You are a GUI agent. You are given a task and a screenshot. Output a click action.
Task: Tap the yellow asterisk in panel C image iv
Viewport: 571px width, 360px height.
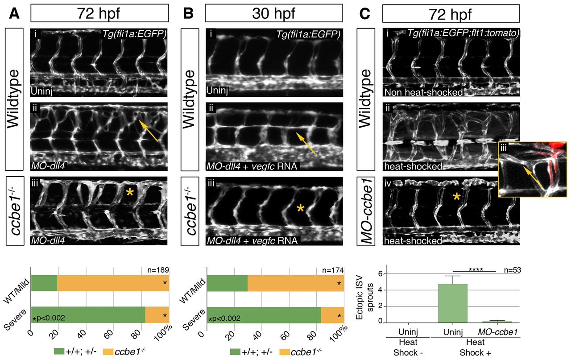tap(457, 196)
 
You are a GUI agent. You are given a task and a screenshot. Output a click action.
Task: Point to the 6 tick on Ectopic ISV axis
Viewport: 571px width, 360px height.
tap(380, 273)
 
